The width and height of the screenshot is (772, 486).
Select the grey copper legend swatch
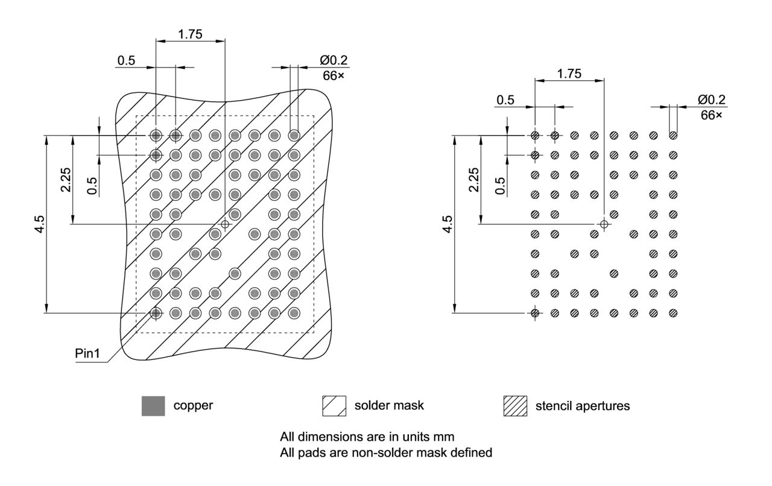[153, 406]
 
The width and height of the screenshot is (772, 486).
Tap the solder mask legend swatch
[335, 406]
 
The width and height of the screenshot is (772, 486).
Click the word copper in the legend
[193, 406]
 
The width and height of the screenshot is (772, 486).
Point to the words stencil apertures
[583, 406]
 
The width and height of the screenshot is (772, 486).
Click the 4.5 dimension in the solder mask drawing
[39, 224]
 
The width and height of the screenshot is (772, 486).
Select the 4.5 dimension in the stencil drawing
[448, 224]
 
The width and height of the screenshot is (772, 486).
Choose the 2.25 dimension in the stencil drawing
[474, 180]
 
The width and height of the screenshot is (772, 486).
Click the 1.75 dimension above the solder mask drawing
[191, 34]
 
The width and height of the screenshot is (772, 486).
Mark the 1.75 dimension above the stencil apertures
[569, 74]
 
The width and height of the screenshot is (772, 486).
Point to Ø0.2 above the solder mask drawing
[334, 60]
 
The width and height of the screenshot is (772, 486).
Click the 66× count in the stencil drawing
[711, 114]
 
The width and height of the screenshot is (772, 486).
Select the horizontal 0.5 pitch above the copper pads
[126, 60]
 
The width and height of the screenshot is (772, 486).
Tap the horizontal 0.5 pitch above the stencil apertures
[505, 100]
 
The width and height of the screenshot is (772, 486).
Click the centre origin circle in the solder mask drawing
[225, 224]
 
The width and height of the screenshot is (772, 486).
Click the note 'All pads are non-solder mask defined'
[386, 452]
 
